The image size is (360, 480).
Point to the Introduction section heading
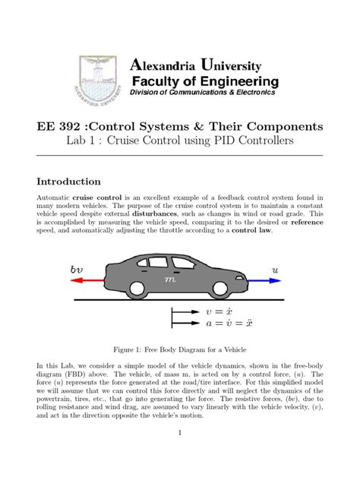tap(69, 182)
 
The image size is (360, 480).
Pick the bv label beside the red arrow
tap(77, 270)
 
